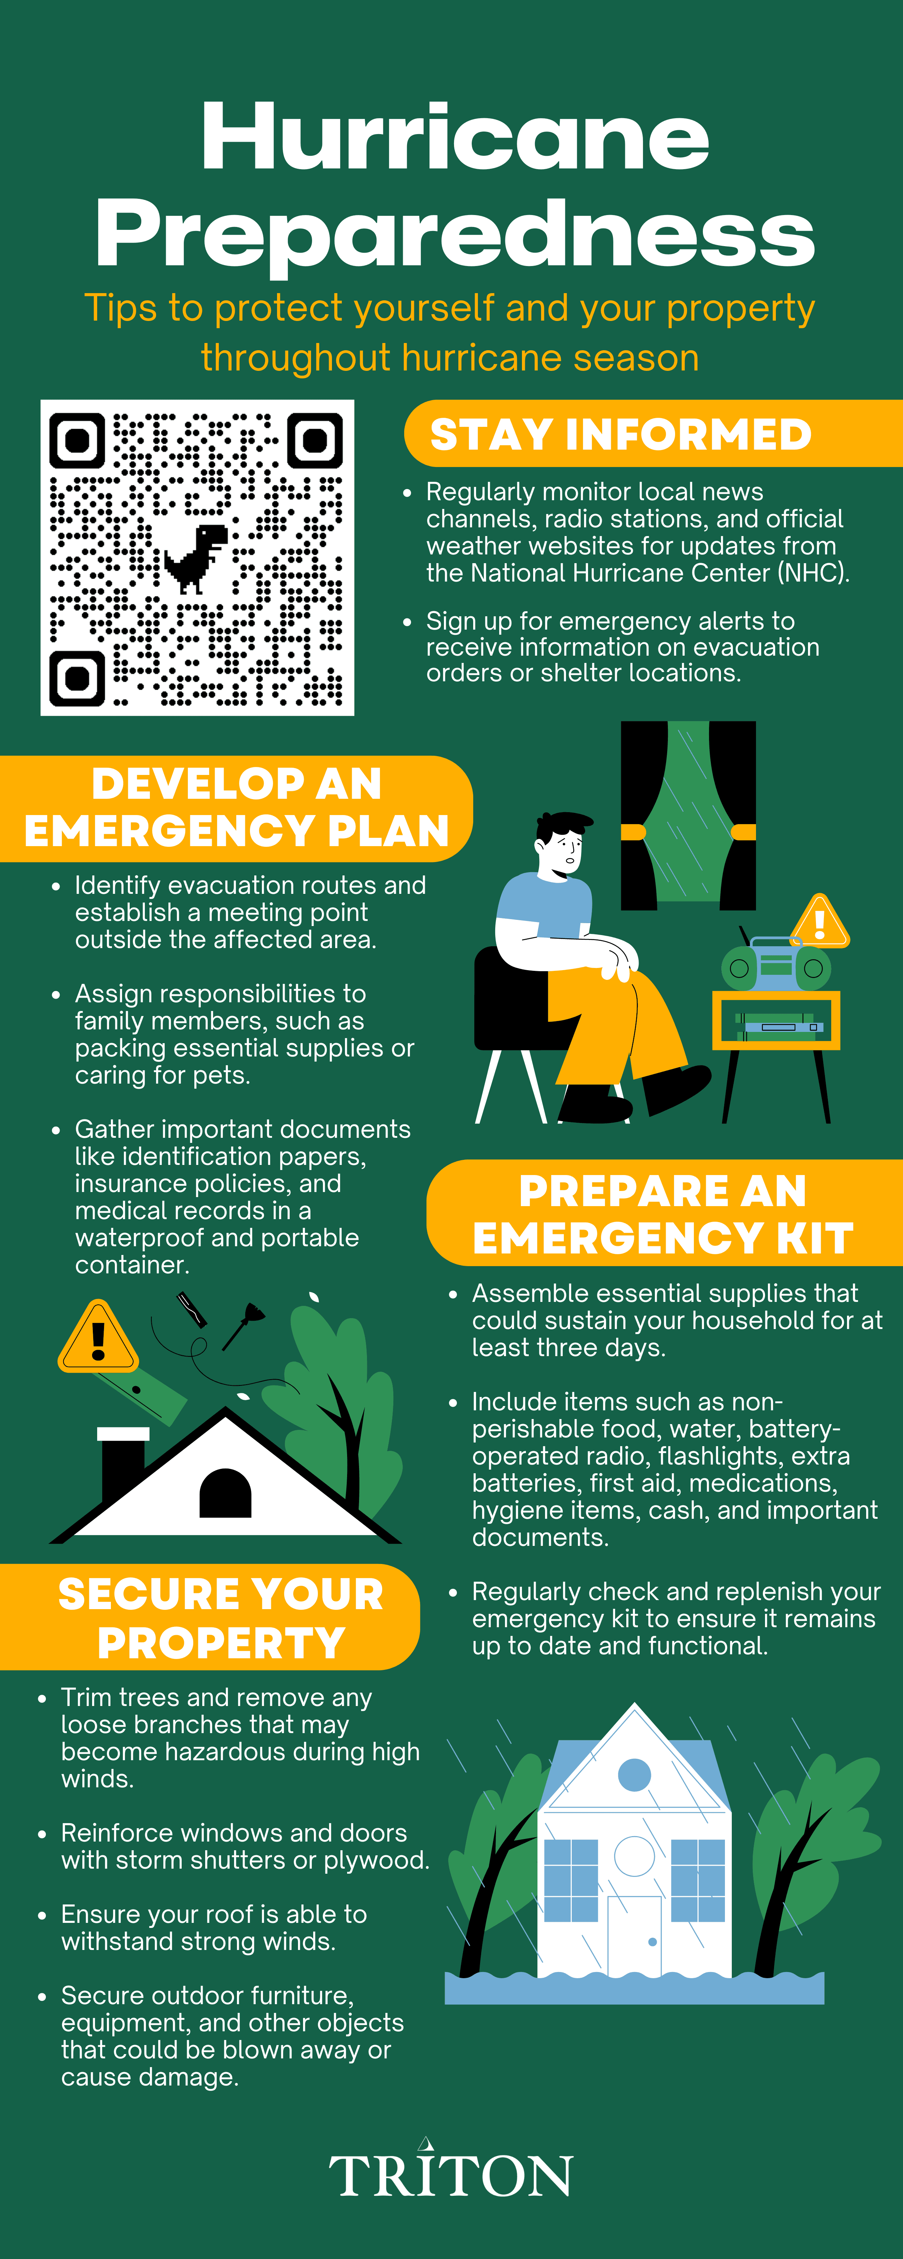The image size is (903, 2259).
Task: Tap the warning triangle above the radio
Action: [820, 922]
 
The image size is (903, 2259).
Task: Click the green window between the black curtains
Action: [688, 811]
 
